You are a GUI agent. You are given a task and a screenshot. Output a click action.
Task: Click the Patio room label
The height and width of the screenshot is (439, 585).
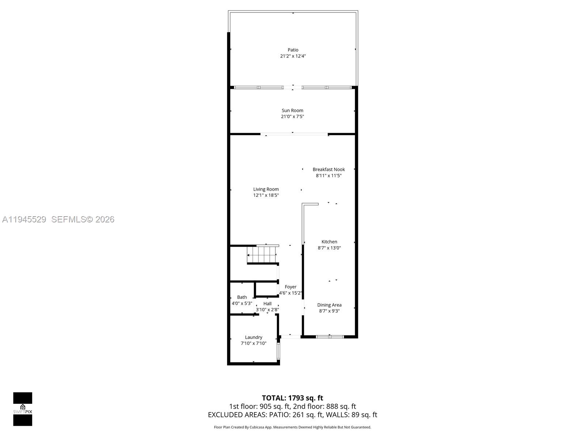293,50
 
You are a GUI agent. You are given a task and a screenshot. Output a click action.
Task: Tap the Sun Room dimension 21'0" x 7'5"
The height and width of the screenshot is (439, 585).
292,117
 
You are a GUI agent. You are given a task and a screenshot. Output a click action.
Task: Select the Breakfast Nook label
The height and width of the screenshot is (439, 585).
329,169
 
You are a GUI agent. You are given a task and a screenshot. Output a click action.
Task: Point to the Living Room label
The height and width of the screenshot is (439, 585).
266,189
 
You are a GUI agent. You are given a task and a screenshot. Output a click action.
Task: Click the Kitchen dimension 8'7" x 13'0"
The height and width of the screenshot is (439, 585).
329,248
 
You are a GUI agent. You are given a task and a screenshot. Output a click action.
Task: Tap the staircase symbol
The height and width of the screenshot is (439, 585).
262,254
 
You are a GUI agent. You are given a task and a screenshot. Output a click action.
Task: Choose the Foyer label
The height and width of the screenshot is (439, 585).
291,287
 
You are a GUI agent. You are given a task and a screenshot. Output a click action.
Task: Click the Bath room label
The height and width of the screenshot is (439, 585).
242,297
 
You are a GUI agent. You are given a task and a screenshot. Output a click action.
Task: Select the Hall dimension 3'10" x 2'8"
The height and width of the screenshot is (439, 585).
267,309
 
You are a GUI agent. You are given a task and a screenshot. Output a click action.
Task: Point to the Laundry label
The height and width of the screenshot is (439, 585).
253,337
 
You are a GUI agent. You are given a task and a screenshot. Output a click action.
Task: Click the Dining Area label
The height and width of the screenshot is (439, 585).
329,305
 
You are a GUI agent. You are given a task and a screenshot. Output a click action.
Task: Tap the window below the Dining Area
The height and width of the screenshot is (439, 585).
330,337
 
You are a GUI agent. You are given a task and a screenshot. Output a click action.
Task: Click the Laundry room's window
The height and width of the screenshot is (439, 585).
278,350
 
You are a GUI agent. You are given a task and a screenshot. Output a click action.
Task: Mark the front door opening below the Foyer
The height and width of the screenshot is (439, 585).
290,337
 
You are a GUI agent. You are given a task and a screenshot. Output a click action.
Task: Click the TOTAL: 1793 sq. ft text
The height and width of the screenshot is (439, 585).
292,398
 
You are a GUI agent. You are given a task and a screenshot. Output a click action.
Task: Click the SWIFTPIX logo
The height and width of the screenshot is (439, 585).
23,409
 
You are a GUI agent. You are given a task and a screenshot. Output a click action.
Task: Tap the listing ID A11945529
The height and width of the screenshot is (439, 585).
24,219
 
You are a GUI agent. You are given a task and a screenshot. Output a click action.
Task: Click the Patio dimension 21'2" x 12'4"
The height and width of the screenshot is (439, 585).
293,56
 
